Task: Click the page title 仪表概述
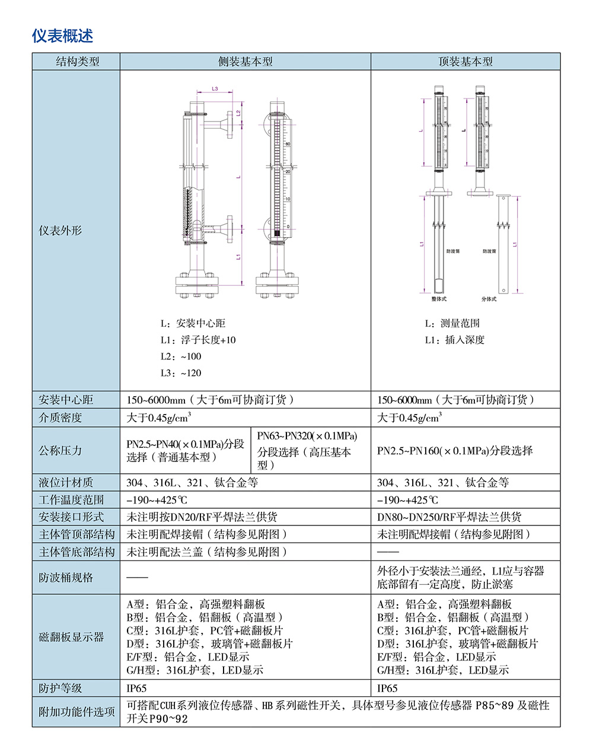click(62, 36)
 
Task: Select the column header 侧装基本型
click(245, 62)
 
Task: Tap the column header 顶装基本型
click(466, 62)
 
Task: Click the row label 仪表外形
click(60, 231)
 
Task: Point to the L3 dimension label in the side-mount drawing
click(215, 89)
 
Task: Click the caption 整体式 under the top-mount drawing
click(439, 299)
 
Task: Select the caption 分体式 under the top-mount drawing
click(489, 299)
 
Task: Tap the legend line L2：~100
click(181, 356)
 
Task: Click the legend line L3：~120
click(181, 373)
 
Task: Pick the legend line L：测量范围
click(452, 323)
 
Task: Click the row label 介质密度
click(60, 418)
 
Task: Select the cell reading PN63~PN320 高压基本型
click(307, 451)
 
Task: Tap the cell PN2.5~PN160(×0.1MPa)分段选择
click(455, 451)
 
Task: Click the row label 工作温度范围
click(71, 500)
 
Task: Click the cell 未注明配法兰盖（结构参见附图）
click(208, 552)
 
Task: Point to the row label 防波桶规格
click(66, 578)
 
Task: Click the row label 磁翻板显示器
click(71, 637)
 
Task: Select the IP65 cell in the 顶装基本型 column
click(387, 689)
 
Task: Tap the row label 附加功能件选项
click(76, 712)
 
